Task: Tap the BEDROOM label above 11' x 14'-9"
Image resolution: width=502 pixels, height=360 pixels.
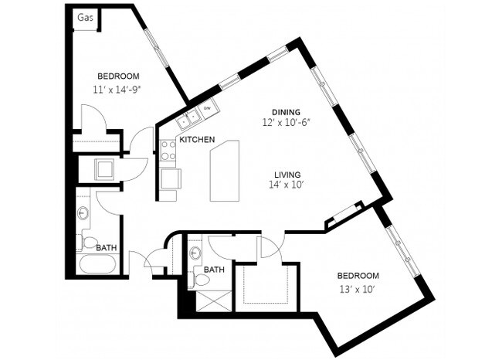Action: point(117,76)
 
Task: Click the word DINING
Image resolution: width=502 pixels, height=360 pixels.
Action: point(285,112)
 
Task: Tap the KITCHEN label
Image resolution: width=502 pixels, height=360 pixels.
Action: point(197,141)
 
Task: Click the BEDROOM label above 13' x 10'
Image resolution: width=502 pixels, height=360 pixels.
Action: point(358,276)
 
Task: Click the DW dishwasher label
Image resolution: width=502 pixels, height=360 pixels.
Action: point(207,109)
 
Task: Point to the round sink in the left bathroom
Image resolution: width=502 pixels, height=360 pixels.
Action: point(83,212)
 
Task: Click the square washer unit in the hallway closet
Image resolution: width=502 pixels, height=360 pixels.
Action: point(104,169)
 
